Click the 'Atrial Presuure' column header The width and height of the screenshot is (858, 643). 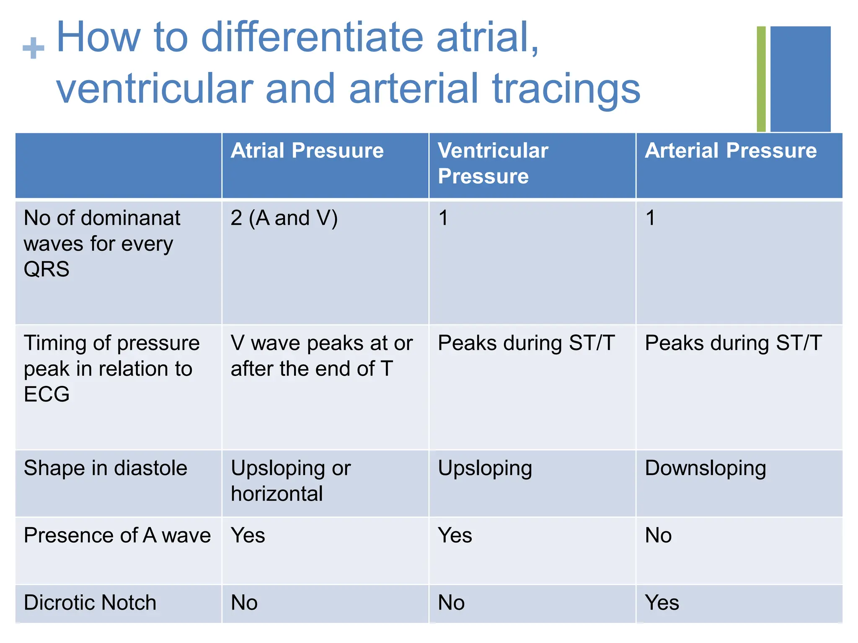point(307,151)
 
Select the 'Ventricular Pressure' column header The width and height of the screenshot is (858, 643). point(493,163)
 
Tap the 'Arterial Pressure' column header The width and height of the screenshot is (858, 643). point(730,151)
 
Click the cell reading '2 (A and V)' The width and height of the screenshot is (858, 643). point(284,218)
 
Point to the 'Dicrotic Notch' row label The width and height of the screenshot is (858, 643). point(90,603)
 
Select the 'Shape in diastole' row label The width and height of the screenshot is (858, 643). point(106,468)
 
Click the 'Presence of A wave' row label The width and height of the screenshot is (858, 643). point(117,535)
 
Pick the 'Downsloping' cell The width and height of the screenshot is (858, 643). point(705,468)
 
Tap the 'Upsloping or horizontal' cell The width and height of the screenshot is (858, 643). point(291,481)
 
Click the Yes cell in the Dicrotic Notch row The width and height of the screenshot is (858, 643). point(662,603)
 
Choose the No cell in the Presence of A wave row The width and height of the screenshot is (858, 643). point(658,535)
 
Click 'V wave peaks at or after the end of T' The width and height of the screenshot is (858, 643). point(321,356)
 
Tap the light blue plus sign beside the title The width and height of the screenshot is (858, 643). point(34,48)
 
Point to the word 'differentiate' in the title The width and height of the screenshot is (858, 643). point(312,38)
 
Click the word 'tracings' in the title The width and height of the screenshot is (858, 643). point(566,89)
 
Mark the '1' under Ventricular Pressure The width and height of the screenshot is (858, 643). point(443,218)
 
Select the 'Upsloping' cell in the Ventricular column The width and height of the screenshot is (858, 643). point(485,468)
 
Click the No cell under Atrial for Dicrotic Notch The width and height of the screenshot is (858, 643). point(244,603)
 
